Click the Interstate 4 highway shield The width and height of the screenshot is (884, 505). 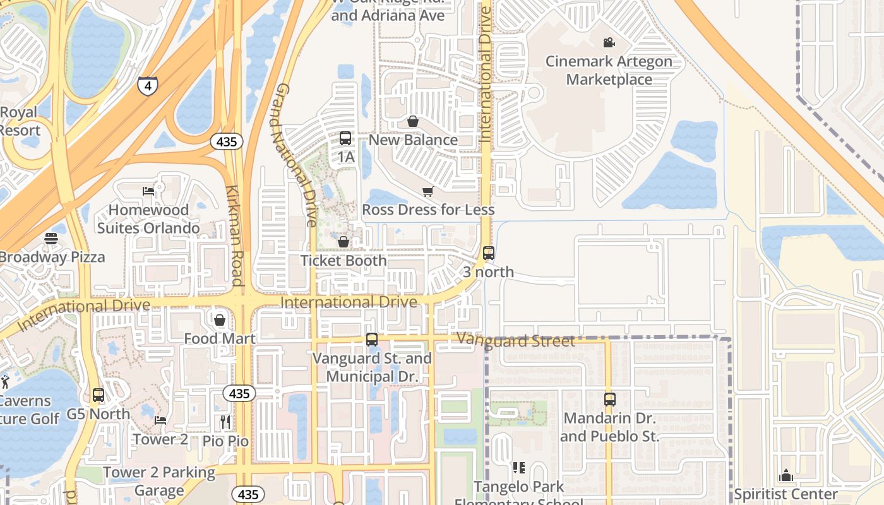point(148,85)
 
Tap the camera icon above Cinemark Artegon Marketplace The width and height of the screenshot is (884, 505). point(609,43)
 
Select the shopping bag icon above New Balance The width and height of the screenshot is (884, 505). point(413,121)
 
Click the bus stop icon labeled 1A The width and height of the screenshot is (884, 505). point(345,138)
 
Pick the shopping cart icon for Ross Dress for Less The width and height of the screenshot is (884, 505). point(428,191)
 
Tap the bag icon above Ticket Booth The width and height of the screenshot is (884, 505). point(343,242)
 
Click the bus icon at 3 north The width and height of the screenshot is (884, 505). point(489,253)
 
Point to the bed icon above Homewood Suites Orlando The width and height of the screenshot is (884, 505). point(148,191)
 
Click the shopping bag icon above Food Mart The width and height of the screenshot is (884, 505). point(220,320)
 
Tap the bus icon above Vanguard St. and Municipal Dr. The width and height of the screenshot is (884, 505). point(372,340)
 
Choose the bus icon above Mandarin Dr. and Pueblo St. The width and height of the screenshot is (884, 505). point(609,400)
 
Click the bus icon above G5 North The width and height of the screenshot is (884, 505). point(99,396)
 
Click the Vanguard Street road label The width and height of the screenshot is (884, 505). point(516,341)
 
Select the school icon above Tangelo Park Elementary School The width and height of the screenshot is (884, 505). point(519,468)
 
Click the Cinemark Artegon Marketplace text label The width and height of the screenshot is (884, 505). point(609,70)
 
